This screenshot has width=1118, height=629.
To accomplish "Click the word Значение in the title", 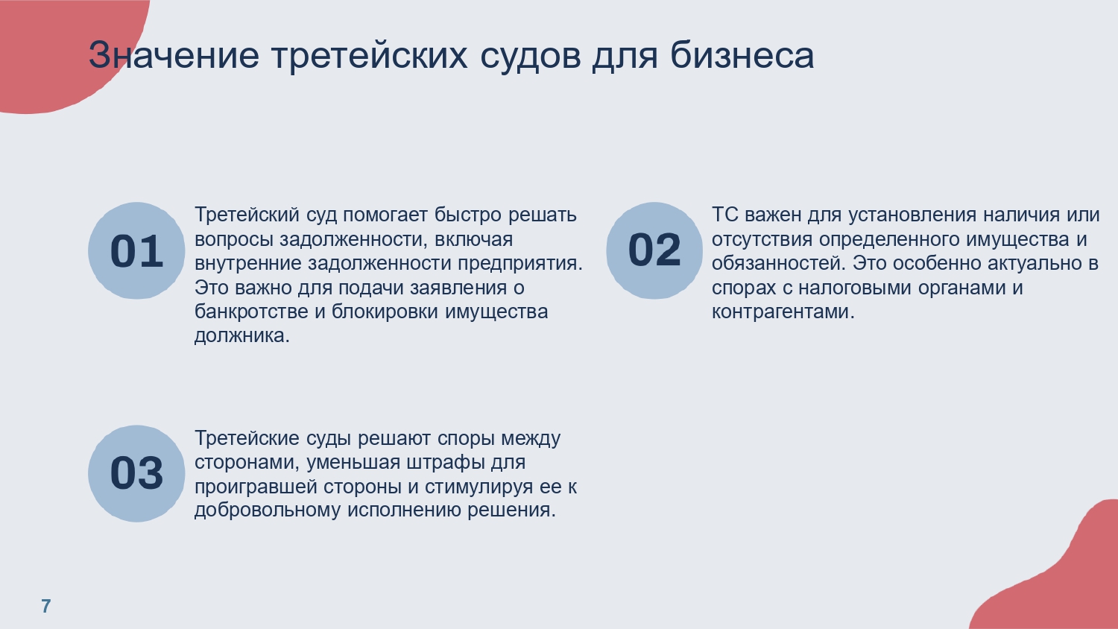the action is [x=174, y=55].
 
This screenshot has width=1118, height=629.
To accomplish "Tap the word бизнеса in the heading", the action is [x=742, y=55].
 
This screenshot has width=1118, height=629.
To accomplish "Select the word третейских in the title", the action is [x=370, y=56].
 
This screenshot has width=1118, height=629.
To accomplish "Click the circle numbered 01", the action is [x=136, y=250].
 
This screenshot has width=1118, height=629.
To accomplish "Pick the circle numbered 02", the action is [x=654, y=250].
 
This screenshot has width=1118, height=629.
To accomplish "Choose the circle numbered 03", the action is [x=136, y=474].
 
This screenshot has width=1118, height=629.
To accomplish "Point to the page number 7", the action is [x=46, y=606].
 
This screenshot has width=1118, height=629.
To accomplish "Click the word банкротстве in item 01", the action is [x=251, y=312].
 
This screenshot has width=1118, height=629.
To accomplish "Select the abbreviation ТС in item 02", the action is [x=724, y=215].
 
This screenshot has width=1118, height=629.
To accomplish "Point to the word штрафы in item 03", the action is [x=445, y=463].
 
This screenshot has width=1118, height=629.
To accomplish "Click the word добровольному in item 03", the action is [x=268, y=511].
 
